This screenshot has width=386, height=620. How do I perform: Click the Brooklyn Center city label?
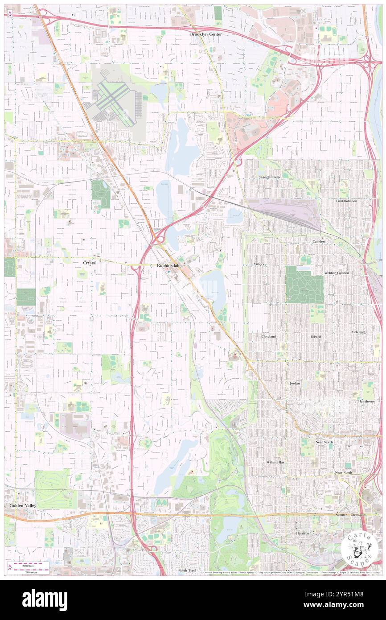(x=206, y=34)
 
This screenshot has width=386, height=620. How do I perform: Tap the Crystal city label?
(x=90, y=263)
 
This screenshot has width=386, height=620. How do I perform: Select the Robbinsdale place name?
(x=168, y=265)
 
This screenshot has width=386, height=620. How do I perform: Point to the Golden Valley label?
(x=23, y=505)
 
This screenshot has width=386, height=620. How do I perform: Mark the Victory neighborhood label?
(x=259, y=264)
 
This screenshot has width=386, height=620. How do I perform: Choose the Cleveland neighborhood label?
(x=268, y=336)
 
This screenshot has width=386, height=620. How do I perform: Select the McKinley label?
(x=358, y=332)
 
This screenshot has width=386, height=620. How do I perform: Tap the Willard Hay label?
(x=275, y=463)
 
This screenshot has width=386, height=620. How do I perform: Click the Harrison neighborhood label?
(x=303, y=533)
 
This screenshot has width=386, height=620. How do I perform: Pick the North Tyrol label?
(x=187, y=570)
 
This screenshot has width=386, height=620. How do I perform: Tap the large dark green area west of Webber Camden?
(x=304, y=285)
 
